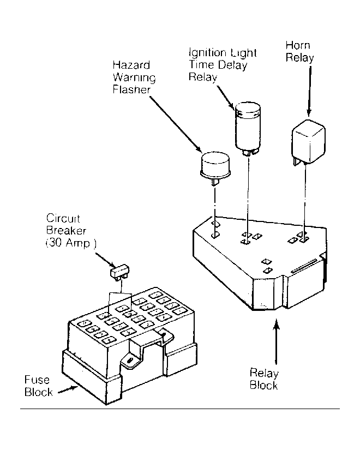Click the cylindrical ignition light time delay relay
click(248, 128)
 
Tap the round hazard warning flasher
click(215, 167)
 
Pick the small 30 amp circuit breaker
click(119, 272)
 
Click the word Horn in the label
click(298, 45)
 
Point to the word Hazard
click(131, 65)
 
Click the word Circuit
click(63, 218)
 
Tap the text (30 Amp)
click(71, 243)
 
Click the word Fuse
click(37, 380)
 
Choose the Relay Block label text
click(264, 379)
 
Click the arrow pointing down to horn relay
click(309, 91)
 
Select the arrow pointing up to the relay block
click(276, 341)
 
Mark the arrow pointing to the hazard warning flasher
click(176, 124)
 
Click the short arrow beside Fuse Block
click(68, 390)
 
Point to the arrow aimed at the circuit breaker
click(105, 260)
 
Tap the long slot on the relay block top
click(304, 266)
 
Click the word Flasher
click(131, 89)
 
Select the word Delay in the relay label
click(232, 65)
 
